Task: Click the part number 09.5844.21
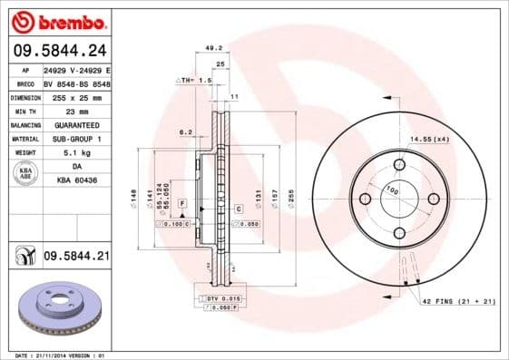(x=76, y=258)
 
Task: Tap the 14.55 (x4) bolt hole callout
(x=429, y=139)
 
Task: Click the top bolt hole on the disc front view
(x=399, y=165)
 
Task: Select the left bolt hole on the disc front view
(x=365, y=199)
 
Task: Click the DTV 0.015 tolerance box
(x=220, y=298)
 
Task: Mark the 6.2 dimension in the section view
(x=185, y=132)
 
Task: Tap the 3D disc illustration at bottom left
(x=61, y=312)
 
